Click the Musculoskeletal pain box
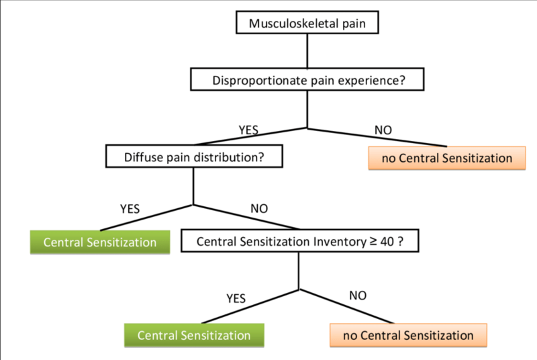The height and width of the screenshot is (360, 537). [307, 23]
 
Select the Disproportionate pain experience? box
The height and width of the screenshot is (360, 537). [307, 79]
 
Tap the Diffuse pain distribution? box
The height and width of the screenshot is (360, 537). [194, 156]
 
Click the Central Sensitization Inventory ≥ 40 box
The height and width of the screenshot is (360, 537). [299, 241]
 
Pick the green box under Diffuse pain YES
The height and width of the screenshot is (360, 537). [100, 242]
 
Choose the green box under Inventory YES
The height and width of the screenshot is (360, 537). [194, 335]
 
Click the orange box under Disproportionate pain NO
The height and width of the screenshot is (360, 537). [447, 158]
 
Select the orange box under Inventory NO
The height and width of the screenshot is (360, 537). [408, 335]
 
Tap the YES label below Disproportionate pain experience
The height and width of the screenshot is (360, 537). [248, 130]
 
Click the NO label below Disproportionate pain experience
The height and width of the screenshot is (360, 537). [383, 130]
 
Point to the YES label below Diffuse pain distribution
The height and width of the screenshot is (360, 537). [130, 209]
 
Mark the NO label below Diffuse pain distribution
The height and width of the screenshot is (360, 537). [259, 209]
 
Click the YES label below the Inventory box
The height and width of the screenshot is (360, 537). [236, 299]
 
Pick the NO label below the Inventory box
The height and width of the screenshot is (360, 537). [358, 296]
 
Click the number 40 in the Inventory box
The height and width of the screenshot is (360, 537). [387, 242]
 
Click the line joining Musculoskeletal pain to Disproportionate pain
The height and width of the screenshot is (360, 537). [307, 50]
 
